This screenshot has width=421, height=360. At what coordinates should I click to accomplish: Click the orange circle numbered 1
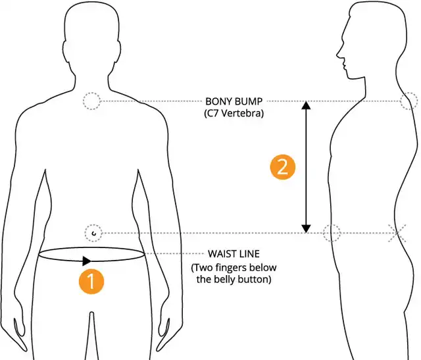(91, 281)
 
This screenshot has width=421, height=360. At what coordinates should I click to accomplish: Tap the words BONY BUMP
(234, 102)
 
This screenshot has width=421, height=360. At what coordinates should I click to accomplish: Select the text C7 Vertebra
(234, 114)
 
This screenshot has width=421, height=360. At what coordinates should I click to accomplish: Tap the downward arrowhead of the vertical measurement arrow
(306, 228)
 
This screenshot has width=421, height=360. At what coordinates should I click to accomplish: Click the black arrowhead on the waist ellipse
(87, 261)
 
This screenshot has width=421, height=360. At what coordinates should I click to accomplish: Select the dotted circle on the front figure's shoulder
(91, 101)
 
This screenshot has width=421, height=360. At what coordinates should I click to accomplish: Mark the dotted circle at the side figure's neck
(409, 101)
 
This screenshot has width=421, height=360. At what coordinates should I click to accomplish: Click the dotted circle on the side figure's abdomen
(333, 232)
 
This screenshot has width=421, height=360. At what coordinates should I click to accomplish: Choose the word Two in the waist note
(202, 268)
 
